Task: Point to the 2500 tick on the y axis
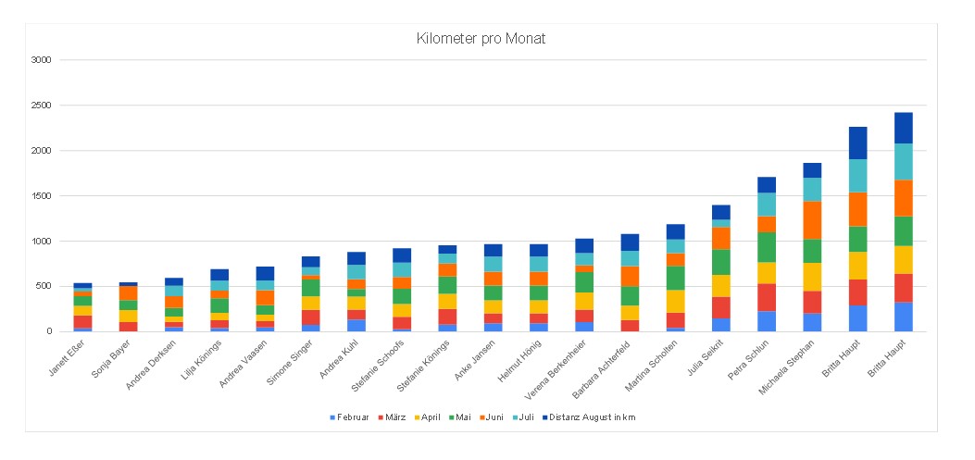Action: (40, 106)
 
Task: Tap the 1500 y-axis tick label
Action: (40, 196)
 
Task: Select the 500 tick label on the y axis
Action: (43, 286)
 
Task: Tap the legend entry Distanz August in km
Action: (593, 417)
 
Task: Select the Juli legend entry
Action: (524, 417)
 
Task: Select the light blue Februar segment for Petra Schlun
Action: (767, 321)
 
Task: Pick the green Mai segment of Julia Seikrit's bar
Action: (721, 262)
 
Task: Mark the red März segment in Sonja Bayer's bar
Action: (128, 326)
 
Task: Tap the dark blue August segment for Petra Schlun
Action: (767, 184)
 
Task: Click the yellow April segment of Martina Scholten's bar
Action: (676, 301)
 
